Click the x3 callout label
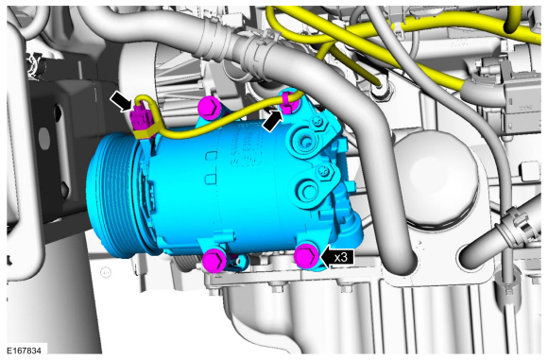click(341, 257)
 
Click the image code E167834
click(24, 351)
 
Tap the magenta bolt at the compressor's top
click(209, 108)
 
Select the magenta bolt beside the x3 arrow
click(307, 256)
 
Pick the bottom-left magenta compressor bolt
click(215, 260)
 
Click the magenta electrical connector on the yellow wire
click(141, 117)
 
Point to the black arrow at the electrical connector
click(121, 101)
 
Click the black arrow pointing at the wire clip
click(273, 121)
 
